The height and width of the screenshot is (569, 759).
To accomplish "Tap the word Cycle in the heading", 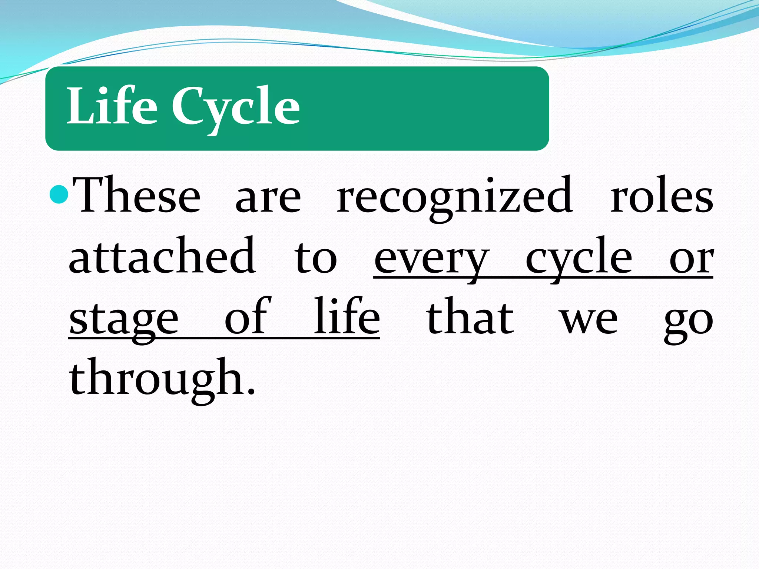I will click(235, 107).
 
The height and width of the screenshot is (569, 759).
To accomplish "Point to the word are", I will click(268, 200).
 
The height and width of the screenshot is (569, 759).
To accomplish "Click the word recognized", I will click(454, 198).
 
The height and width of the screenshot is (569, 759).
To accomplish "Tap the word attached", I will click(162, 256).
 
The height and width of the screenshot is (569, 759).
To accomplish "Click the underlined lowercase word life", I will click(347, 317).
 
